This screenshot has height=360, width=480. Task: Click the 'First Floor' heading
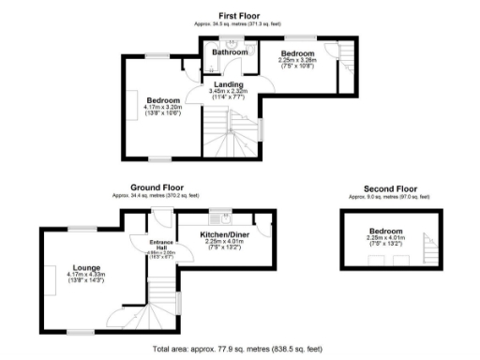(239, 16)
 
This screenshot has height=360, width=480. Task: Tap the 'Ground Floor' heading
(158, 187)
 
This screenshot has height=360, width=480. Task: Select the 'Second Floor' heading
(386, 187)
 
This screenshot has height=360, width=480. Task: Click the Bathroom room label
(230, 53)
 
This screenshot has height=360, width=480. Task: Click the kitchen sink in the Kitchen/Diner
(215, 214)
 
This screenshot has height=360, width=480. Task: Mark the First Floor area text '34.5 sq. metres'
(239, 23)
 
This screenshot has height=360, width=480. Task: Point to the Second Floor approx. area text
(386, 196)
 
